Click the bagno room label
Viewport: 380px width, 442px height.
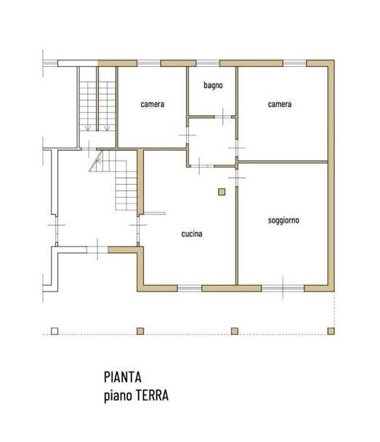click(213, 85)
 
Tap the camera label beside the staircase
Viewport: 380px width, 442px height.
click(153, 104)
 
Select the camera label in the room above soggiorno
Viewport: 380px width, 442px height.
click(280, 104)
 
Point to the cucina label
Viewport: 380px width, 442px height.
click(192, 235)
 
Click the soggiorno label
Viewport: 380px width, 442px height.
click(283, 220)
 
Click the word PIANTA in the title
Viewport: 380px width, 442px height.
click(122, 377)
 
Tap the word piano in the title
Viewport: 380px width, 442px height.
click(116, 396)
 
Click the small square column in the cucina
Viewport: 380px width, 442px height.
click(222, 192)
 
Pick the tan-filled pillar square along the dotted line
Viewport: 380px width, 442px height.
click(234, 331)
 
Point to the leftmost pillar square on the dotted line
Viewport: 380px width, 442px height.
click(54, 331)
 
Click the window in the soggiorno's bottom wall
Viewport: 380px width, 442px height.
click(283, 289)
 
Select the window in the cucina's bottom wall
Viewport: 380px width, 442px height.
click(189, 289)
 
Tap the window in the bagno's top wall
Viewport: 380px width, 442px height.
click(206, 63)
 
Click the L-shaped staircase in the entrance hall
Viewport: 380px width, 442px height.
click(120, 182)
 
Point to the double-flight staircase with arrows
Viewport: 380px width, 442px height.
click(97, 102)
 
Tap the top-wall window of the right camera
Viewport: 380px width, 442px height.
click(294, 63)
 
